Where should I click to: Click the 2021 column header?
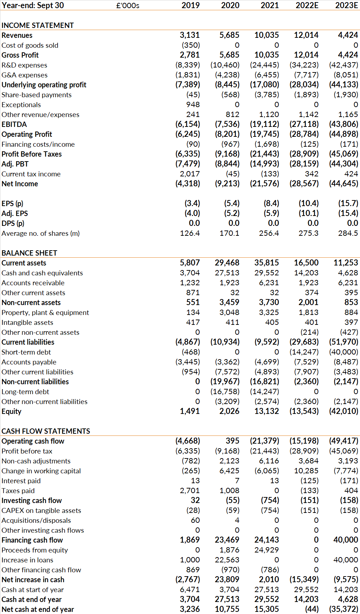pos(270,5)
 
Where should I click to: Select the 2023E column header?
pos(347,5)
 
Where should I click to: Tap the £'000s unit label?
pos(128,5)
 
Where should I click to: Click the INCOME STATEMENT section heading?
pos(38,25)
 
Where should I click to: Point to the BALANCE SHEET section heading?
pos(29,253)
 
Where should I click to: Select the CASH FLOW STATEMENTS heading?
pos(46,431)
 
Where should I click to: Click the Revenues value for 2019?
pos(190,35)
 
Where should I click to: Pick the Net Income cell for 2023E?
pos(343,183)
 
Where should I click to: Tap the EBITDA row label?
pos(14,124)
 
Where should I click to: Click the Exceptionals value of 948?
pos(193,105)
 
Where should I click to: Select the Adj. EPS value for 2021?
pos(271,213)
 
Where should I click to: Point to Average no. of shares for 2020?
pos(229,233)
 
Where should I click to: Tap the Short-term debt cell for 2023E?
pos(343,352)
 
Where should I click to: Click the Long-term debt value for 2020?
pos(225,392)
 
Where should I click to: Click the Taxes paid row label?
pos(18,491)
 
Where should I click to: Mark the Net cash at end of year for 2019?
pos(190,609)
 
